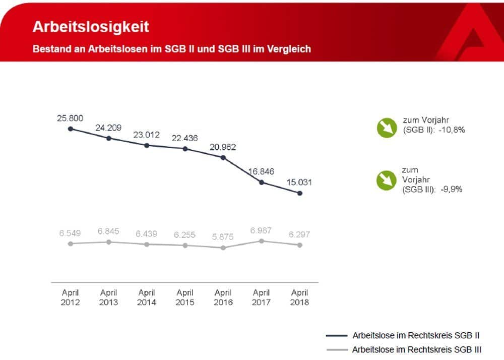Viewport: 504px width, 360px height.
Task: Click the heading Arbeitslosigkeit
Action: click(91, 26)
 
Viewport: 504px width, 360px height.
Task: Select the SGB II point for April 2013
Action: click(109, 138)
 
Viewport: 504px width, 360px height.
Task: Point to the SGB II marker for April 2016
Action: click(223, 157)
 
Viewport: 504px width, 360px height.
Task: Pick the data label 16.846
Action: click(261, 171)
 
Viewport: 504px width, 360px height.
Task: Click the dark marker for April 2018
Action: click(300, 193)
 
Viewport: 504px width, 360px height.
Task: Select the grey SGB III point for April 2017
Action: click(262, 241)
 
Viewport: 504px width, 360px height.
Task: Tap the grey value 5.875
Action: click(223, 235)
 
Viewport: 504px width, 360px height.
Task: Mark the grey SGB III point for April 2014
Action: click(147, 244)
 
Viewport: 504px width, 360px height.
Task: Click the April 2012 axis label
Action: click(71, 297)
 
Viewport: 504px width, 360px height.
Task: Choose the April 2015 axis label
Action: click(185, 297)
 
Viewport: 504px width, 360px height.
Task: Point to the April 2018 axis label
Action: click(300, 297)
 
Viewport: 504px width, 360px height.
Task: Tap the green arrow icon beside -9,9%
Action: click(386, 180)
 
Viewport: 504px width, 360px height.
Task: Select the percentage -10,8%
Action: click(452, 130)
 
